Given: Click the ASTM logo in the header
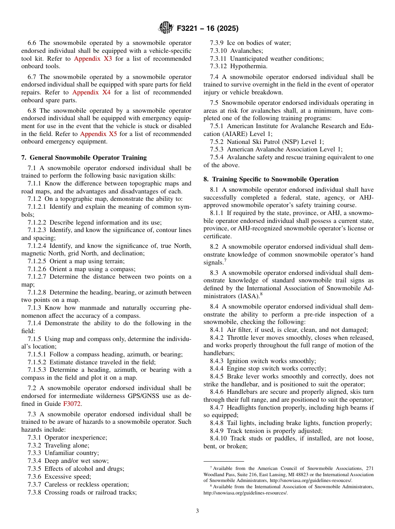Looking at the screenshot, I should tap(166, 28).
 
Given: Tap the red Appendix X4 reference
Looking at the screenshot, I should tap(91, 92).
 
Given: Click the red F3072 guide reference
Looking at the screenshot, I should tap(72, 403).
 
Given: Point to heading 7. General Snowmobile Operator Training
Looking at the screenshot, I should tap(84, 158).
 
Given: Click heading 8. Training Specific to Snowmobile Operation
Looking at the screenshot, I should tap(271, 179).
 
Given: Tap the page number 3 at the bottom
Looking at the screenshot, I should tap(197, 511).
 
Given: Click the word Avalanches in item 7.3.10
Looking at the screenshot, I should tap(246, 51).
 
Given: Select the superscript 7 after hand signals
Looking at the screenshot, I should tap(225, 261).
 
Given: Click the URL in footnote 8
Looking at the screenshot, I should tap(245, 493).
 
